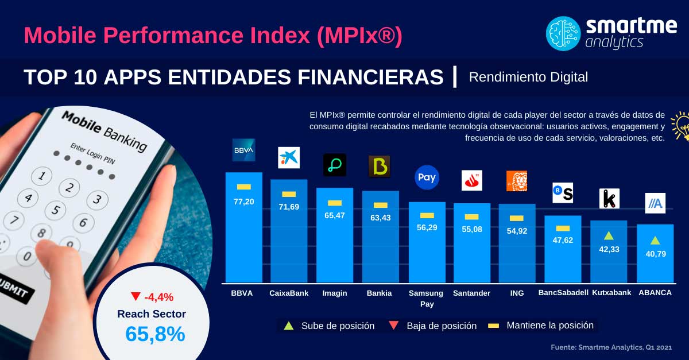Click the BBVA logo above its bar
(243, 150)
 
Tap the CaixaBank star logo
(289, 157)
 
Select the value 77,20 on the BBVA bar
(243, 202)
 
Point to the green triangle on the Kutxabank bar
(609, 235)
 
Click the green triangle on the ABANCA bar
(655, 240)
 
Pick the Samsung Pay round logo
(427, 177)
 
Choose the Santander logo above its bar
(472, 180)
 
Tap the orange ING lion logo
(516, 181)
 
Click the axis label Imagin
(335, 293)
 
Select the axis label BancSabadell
(563, 293)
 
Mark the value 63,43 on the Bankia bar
(380, 218)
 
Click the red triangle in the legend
(394, 326)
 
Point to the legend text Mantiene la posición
(549, 326)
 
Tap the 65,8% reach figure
(155, 334)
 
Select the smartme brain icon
(563, 34)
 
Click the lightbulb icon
(682, 125)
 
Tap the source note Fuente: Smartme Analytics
(611, 347)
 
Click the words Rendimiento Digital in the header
(528, 77)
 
